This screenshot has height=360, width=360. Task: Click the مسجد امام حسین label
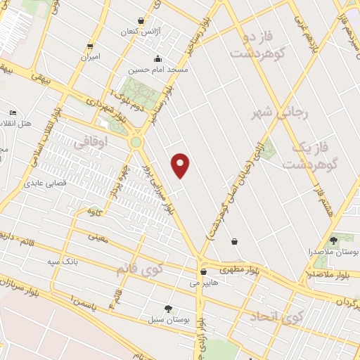pos(157,70)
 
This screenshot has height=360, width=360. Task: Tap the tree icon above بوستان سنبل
pos(168,309)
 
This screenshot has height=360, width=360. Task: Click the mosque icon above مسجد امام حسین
pos(157,59)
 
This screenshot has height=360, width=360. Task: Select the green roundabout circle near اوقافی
pos(136,142)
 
